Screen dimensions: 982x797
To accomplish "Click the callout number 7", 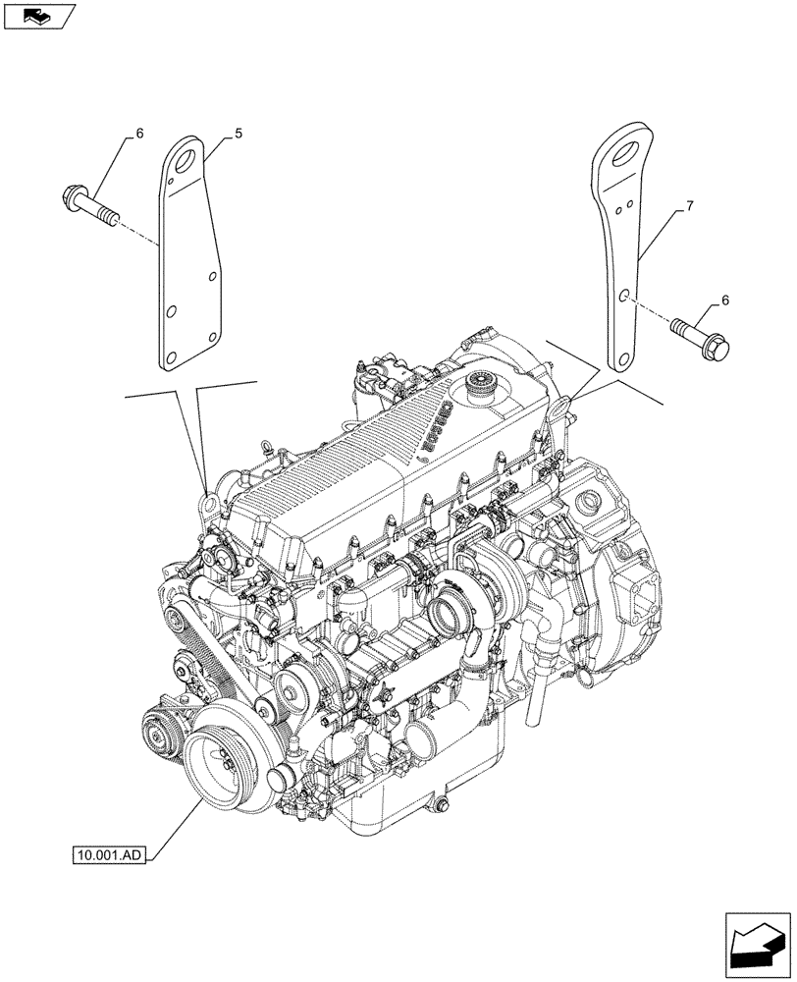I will click(691, 206).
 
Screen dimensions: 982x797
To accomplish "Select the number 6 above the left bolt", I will click(138, 132).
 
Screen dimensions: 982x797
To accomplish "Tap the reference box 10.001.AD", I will click(109, 855).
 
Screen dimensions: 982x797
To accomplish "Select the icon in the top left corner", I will click(39, 17).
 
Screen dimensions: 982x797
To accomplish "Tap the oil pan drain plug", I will click(442, 803).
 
